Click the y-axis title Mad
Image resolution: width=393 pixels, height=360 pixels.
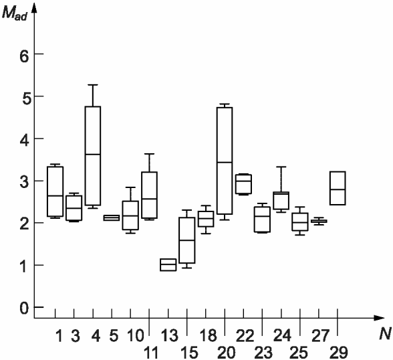[x=14, y=13]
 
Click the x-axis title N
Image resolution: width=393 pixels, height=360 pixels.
[x=385, y=334]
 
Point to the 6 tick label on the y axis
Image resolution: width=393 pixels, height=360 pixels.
[x=24, y=57]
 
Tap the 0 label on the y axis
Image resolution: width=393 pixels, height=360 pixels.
[x=24, y=308]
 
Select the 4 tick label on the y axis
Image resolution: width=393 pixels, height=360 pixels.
[x=24, y=142]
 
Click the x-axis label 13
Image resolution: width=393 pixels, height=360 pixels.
[x=170, y=335]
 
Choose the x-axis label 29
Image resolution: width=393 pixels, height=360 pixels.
[x=339, y=353]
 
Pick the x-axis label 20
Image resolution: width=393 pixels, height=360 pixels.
[x=227, y=353]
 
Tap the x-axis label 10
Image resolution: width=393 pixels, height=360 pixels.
[x=136, y=335]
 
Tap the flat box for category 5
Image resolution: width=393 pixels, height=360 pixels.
[x=112, y=217]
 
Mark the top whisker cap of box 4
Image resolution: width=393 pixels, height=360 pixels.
[x=93, y=85]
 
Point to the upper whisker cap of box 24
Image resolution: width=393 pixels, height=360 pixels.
[x=281, y=167]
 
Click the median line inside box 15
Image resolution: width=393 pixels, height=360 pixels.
[x=187, y=240]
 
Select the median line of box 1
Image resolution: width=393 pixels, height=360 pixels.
[x=55, y=196]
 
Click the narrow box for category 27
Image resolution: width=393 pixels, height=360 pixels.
[x=319, y=221]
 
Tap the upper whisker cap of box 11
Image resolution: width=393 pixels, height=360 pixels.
[x=150, y=154]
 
